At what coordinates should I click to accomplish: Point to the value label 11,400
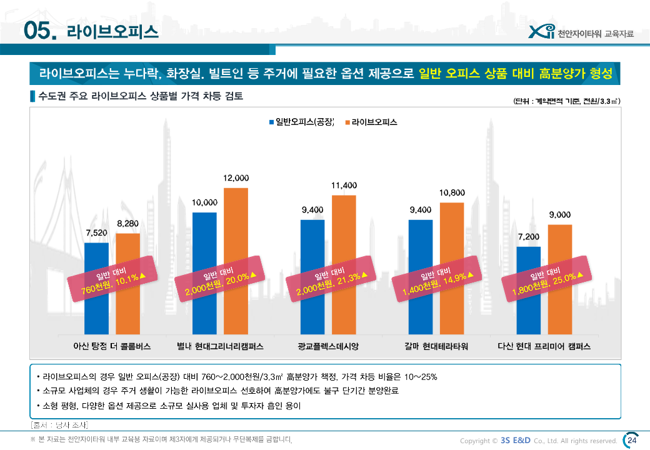(x=344, y=186)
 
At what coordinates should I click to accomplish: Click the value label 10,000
(x=204, y=202)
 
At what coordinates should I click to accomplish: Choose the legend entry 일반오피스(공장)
(x=302, y=121)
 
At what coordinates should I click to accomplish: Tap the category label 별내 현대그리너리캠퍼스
(x=220, y=346)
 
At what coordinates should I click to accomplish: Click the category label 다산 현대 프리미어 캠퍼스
(x=544, y=346)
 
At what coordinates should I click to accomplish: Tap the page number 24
(x=632, y=441)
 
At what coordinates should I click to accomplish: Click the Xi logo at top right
(x=541, y=32)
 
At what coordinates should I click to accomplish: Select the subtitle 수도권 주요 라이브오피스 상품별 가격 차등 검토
(x=141, y=97)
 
